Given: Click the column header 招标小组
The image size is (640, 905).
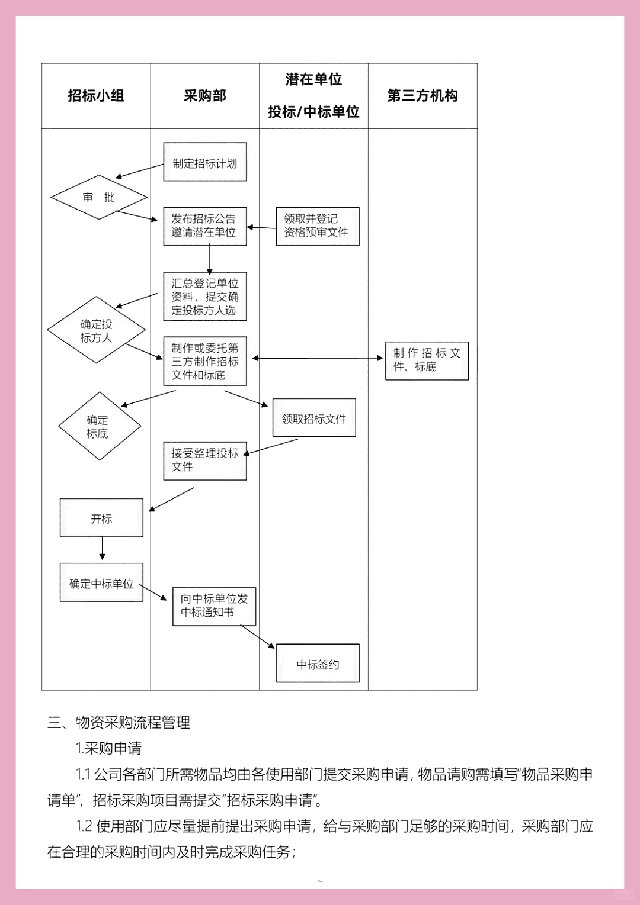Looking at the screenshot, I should click(x=96, y=96).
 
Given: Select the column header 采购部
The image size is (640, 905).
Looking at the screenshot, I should click(x=205, y=96).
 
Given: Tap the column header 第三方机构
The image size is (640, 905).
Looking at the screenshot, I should click(x=423, y=96).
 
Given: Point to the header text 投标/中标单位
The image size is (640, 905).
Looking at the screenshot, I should click(x=313, y=112).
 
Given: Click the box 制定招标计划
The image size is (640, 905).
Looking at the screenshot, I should click(x=205, y=162).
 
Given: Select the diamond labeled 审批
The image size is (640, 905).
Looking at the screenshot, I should click(x=99, y=197).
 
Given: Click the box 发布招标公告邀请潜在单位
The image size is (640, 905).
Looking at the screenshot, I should click(x=204, y=226).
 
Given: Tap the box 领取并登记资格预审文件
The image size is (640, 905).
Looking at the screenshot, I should click(x=318, y=226).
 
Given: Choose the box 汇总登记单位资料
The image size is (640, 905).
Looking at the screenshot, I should click(x=205, y=297).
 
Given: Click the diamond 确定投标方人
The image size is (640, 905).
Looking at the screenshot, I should click(x=97, y=330).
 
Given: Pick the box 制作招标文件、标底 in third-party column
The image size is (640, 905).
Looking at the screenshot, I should click(x=427, y=360).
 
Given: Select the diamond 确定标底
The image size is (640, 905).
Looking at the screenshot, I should click(x=99, y=426).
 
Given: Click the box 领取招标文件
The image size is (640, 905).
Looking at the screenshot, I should click(x=314, y=418).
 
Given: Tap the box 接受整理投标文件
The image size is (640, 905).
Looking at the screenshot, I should click(x=205, y=460).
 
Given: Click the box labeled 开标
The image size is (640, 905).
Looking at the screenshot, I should click(x=101, y=518).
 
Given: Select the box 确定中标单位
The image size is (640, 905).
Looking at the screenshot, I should click(x=101, y=582).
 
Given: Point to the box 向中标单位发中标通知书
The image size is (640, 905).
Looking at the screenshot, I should click(x=214, y=606).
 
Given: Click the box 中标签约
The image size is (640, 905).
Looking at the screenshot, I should click(x=318, y=664).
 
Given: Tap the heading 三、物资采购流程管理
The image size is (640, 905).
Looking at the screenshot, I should click(x=119, y=722).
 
